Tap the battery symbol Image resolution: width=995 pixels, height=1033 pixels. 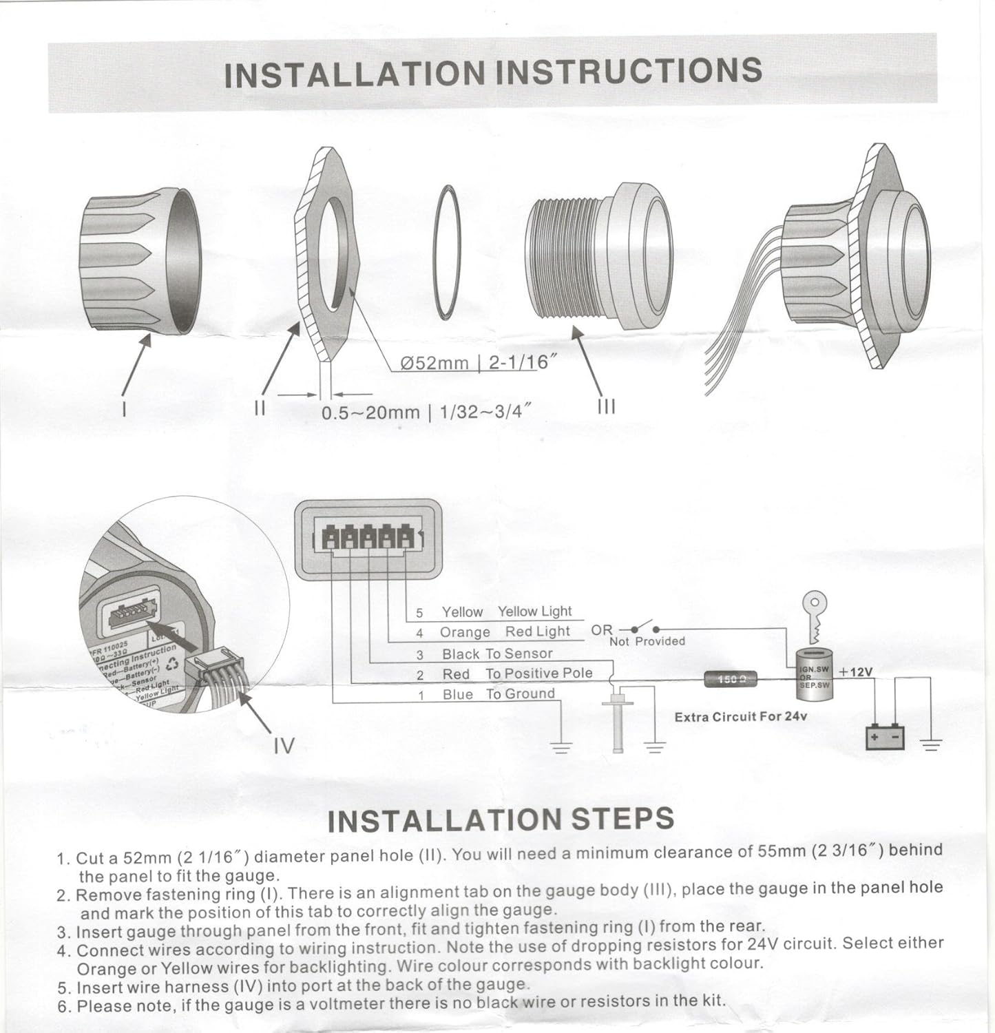[x=885, y=738]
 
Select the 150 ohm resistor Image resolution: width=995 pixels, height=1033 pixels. [x=731, y=680]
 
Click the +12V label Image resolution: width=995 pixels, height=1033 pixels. [x=856, y=671]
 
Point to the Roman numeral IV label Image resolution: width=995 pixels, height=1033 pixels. [x=284, y=745]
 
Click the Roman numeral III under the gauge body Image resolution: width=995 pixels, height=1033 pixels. [x=606, y=406]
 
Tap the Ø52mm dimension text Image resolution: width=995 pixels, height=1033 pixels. [x=435, y=363]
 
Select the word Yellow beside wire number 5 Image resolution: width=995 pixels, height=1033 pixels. [x=462, y=612]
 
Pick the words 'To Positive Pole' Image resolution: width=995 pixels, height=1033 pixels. [x=538, y=673]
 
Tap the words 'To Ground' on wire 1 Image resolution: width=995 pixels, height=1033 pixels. [x=520, y=693]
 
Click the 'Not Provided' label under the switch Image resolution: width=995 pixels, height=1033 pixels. [x=647, y=641]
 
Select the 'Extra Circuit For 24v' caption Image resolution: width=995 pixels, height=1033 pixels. [x=741, y=717]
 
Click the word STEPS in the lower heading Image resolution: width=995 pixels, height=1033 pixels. [x=623, y=819]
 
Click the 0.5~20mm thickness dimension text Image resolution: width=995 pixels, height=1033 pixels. [x=370, y=413]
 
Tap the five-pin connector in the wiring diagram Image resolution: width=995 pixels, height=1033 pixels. [x=368, y=538]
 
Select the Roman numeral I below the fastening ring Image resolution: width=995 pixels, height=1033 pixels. [x=123, y=408]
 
